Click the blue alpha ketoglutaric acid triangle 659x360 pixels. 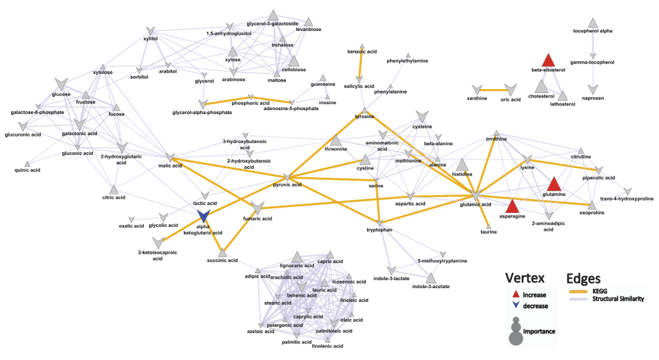pos(204,216)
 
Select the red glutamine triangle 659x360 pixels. pos(554,184)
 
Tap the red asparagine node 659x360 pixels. pos(512,206)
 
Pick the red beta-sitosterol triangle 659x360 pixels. pos(548,60)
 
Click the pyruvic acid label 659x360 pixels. pos(287,185)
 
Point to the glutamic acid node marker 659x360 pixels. pos(476,196)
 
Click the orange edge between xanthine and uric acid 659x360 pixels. pos(494,90)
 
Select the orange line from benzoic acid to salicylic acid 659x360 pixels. pos(360,63)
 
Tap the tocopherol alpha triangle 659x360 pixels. pos(592,22)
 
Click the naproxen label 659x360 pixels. pos(592,98)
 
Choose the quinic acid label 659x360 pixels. pos(27,170)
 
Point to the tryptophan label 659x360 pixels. pos(379,229)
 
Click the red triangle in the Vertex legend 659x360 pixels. pos(516,294)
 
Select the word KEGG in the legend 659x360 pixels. pos(600,291)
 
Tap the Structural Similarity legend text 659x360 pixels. pos(618,299)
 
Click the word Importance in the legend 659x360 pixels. pos(539,332)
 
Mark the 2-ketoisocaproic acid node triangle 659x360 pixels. pos(158,243)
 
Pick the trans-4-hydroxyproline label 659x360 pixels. pos(627,198)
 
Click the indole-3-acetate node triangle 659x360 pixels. pos(430,278)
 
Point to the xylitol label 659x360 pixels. pos(150,39)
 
